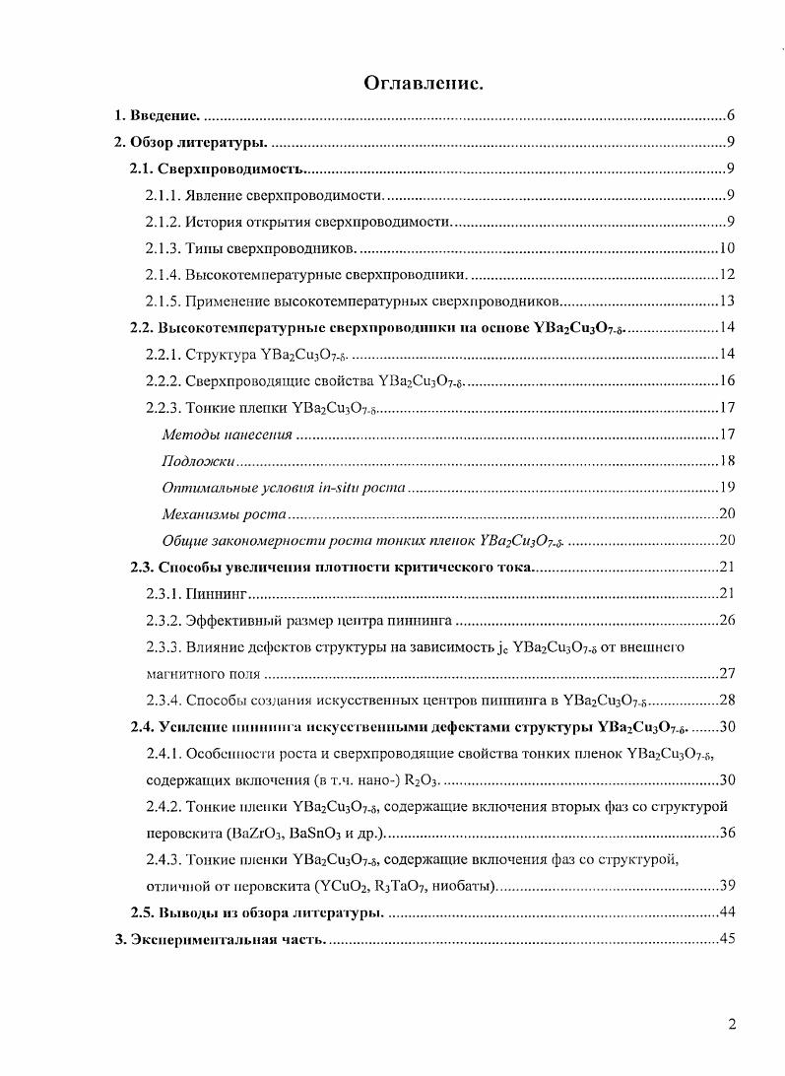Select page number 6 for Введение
click(730, 115)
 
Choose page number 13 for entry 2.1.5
click(727, 301)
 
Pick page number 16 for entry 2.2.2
click(727, 380)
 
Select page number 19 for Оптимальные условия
click(727, 487)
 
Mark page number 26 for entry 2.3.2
click(727, 620)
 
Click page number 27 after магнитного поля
click(727, 674)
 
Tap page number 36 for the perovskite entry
click(727, 833)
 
